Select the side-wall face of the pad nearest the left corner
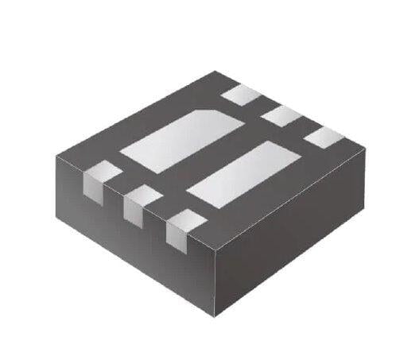click(92, 188)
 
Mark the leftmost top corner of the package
click(56, 156)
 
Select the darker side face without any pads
click(294, 238)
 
